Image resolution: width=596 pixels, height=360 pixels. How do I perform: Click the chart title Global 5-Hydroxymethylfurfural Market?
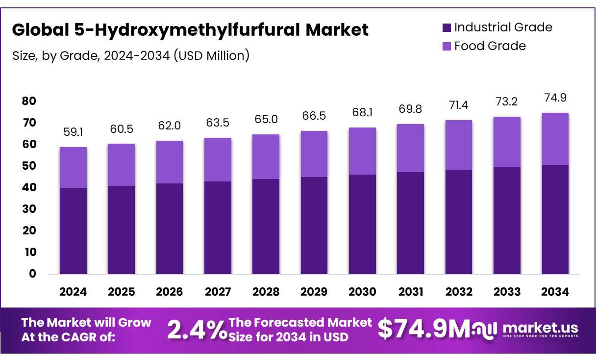point(190,30)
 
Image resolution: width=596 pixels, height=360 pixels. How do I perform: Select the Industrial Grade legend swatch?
point(446,27)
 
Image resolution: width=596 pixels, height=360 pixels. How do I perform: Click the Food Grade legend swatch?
point(446,46)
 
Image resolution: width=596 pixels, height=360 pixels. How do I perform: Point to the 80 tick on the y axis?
point(29,101)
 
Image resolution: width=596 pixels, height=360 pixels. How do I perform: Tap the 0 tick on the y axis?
point(32,274)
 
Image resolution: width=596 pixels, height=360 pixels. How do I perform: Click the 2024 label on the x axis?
point(73,292)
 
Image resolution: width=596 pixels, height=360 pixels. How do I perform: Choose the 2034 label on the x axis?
point(555,292)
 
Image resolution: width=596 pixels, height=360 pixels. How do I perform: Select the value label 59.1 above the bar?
point(73,132)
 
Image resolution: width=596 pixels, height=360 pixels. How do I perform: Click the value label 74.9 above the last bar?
point(555,98)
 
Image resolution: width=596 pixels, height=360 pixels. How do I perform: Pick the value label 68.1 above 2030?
point(362,113)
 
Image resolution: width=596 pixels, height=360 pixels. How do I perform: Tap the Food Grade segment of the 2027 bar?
point(218,159)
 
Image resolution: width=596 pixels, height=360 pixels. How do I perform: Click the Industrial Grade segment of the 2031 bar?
point(410,223)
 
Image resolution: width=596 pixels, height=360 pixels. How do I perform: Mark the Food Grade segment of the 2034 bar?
point(555,139)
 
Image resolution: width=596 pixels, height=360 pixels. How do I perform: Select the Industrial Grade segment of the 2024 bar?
point(73,231)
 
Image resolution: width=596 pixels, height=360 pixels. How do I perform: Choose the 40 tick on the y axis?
point(29,187)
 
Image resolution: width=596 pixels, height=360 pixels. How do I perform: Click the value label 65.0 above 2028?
point(266,120)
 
